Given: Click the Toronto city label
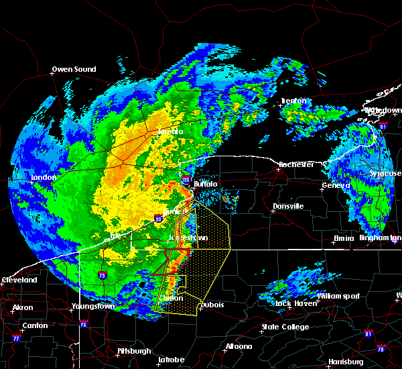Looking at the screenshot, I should pos(171,132).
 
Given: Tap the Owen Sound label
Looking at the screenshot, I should pos(74,69).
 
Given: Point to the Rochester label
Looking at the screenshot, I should pos(297,164).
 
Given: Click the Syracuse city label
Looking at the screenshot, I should pos(385,174).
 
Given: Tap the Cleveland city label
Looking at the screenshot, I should pos(19,279).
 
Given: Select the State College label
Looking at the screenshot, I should pos(285,327).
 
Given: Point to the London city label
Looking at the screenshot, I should pos(44,178).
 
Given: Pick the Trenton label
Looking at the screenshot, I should pos(293,101).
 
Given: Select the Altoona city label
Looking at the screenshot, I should pos(238,347).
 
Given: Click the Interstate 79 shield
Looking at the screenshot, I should pos(102,274).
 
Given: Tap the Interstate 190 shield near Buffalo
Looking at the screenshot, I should pos(187,178).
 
